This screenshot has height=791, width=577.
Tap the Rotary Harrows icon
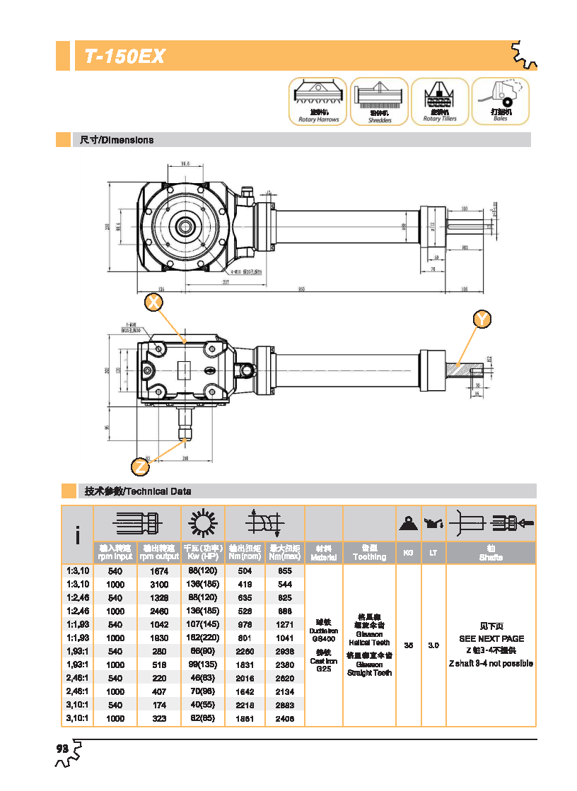pos(318,101)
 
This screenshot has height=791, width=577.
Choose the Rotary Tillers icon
pos(440,101)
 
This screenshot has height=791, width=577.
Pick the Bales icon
pos(501,101)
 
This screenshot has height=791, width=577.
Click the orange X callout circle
pos(153,303)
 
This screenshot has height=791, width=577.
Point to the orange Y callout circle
pos(482,320)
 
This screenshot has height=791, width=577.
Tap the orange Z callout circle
pos(141,467)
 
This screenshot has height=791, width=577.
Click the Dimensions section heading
pos(117,140)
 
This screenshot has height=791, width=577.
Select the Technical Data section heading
pos(138,491)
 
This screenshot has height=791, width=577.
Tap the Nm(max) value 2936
pos(284,652)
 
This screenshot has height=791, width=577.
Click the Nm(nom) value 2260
pos(244,652)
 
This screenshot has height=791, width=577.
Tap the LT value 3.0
pos(433,645)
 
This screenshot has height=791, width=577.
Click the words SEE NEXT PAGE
pos(491,638)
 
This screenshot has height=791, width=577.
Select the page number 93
pos(62,749)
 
